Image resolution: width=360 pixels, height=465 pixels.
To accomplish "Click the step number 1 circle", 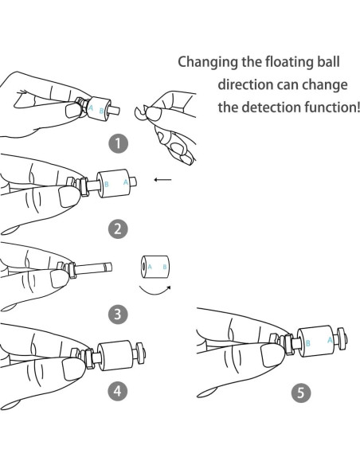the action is [x=118, y=143].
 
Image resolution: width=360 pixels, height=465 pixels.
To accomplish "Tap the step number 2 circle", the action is [x=118, y=229].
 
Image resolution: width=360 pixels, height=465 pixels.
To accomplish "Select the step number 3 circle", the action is [x=118, y=314].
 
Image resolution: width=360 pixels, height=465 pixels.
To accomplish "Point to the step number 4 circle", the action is [x=118, y=391].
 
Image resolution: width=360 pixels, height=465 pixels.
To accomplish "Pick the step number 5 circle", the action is [x=301, y=393].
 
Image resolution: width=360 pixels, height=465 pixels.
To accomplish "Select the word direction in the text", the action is [x=244, y=84].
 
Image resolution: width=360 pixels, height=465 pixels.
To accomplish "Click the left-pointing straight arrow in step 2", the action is [x=162, y=179].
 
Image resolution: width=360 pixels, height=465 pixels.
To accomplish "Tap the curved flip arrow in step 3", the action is [x=155, y=291].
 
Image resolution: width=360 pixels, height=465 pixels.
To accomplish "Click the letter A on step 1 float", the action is [x=91, y=108].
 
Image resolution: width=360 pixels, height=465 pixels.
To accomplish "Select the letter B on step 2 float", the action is [x=107, y=185].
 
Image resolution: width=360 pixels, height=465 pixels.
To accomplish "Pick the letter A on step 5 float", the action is [x=330, y=340].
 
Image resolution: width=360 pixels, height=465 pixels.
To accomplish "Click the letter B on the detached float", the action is [x=165, y=267].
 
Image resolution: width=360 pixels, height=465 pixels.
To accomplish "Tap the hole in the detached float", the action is [x=144, y=267].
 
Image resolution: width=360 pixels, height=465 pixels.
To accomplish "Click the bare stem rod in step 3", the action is [x=94, y=268].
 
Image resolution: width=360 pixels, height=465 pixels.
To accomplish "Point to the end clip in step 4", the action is [x=139, y=352].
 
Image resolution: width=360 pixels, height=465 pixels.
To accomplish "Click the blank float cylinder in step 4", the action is [x=115, y=356].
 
